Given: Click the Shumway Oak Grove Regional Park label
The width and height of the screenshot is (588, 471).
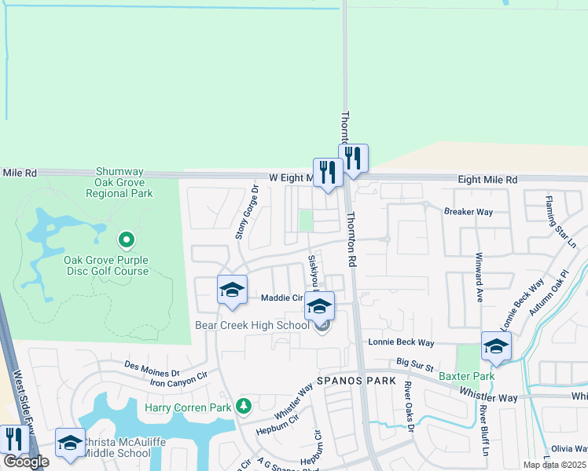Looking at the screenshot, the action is pyautogui.click(x=124, y=181).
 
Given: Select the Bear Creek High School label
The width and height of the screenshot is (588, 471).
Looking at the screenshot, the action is pyautogui.click(x=252, y=325).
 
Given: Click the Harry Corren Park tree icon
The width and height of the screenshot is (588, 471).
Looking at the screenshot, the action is pyautogui.click(x=244, y=406).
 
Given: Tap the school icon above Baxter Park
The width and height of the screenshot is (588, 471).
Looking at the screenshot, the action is pyautogui.click(x=496, y=345).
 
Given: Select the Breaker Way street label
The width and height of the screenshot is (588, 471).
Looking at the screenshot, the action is pyautogui.click(x=468, y=212).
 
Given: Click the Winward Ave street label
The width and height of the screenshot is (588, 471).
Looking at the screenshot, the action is pyautogui.click(x=478, y=277).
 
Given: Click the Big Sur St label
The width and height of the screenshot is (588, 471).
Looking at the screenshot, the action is pyautogui.click(x=416, y=363).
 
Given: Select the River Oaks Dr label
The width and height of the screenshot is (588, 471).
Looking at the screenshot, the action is pyautogui.click(x=409, y=406).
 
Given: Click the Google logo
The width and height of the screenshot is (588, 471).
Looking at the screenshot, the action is pyautogui.click(x=26, y=462).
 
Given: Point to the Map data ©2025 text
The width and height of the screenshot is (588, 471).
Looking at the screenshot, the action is pyautogui.click(x=554, y=465).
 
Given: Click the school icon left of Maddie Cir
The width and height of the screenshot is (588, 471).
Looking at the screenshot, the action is pyautogui.click(x=232, y=290).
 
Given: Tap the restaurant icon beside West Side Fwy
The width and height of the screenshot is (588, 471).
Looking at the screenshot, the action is pyautogui.click(x=13, y=440).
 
